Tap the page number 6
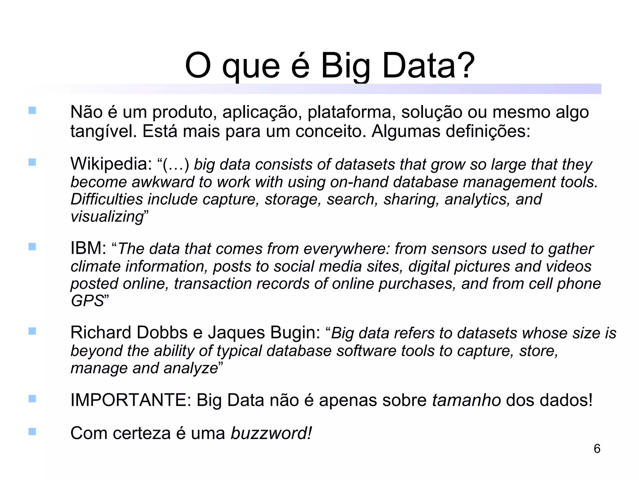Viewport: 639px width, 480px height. pos(597,449)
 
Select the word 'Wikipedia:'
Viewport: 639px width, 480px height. pos(111,164)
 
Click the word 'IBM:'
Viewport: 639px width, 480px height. pos(88,248)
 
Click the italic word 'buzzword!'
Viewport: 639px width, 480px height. pos(271,433)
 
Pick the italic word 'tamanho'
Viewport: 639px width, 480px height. pos(466,400)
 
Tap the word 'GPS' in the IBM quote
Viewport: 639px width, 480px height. pos(87,301)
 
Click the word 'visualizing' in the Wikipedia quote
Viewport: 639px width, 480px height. pos(107,217)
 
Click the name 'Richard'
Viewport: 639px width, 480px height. pos(101,332)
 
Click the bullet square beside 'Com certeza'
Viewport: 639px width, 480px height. pos(32,432)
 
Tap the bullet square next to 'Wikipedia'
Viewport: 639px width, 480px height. pos(32,162)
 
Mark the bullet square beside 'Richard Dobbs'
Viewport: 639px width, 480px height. pos(32,331)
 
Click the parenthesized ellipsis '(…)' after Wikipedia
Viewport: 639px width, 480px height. pos(176,164)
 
